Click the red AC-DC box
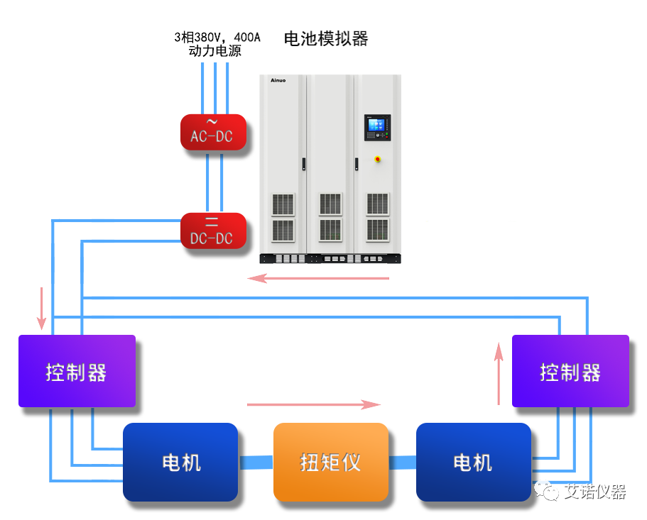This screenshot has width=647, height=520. (x=212, y=132)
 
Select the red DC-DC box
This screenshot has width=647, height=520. (x=212, y=231)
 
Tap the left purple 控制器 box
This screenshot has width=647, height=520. (x=77, y=371)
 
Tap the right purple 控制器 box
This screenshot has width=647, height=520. (x=570, y=371)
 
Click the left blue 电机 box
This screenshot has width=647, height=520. (x=180, y=462)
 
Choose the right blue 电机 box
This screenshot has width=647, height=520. (x=473, y=462)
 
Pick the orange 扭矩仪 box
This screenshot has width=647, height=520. (x=331, y=462)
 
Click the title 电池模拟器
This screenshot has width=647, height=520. (x=326, y=38)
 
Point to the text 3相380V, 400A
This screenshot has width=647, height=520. (x=217, y=37)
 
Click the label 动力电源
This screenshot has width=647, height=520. (x=214, y=51)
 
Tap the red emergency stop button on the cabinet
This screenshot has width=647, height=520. (x=377, y=159)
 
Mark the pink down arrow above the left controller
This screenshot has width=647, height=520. (x=42, y=308)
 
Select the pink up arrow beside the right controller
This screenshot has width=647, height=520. (x=499, y=373)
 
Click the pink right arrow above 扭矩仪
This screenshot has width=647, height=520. (x=314, y=404)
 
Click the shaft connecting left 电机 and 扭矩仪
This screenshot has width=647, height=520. (x=256, y=463)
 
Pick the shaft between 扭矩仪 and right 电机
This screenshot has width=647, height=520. (x=402, y=463)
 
